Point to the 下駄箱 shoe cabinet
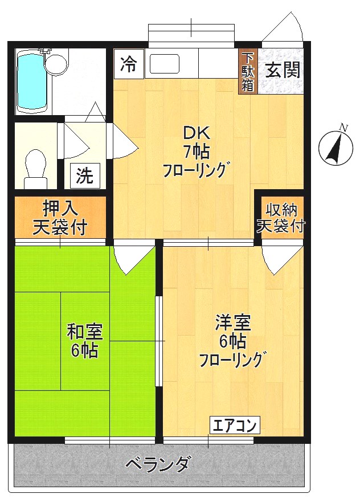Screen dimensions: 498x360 (x=248, y=72)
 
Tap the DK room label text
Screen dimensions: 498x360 (x=197, y=133)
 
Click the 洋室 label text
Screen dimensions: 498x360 (x=232, y=323)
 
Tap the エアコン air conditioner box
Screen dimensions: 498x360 (x=235, y=425)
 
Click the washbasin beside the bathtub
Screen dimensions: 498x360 (x=56, y=63)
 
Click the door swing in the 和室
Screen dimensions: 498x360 (x=133, y=259)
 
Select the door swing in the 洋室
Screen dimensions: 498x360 (x=281, y=259)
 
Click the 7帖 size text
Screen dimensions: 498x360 (x=197, y=152)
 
